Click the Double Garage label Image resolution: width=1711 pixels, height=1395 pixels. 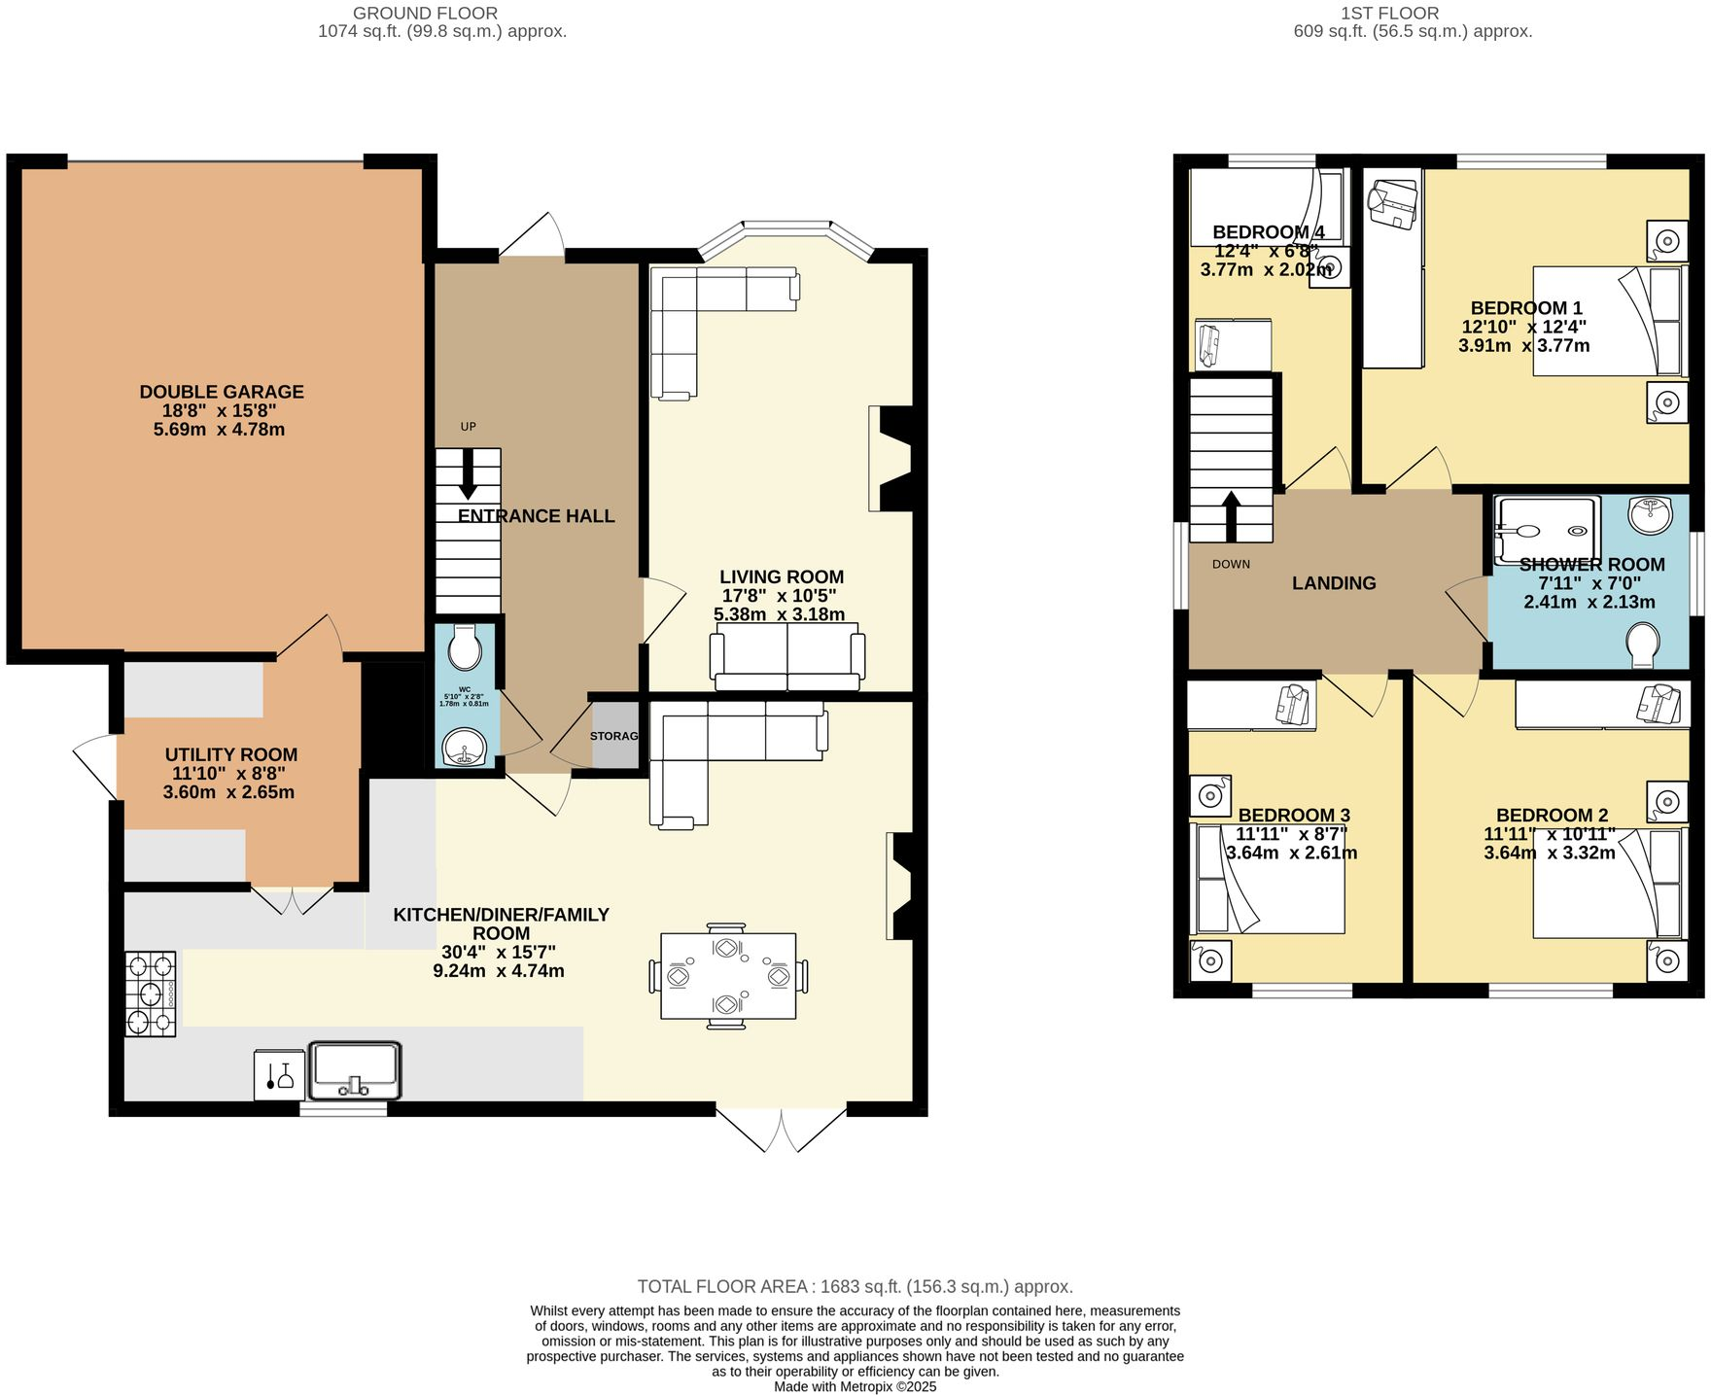click(x=222, y=392)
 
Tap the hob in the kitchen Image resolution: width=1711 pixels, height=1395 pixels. click(x=151, y=994)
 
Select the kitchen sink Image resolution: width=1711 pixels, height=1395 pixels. click(x=354, y=1069)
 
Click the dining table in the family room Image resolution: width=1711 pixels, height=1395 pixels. click(x=727, y=976)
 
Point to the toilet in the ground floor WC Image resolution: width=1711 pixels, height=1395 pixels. click(x=466, y=648)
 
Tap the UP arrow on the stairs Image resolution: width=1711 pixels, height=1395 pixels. click(x=468, y=476)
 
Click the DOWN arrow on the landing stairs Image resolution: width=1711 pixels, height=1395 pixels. click(x=1231, y=515)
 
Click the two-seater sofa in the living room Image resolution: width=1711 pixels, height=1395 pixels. click(x=787, y=658)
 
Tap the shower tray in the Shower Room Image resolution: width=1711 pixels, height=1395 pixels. click(x=1547, y=531)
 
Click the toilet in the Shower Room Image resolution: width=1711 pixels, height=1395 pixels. click(x=1643, y=645)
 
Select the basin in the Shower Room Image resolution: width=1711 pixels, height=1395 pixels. click(x=1650, y=514)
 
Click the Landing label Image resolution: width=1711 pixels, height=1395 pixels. click(x=1334, y=583)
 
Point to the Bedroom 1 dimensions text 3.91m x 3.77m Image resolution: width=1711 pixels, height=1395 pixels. click(x=1523, y=345)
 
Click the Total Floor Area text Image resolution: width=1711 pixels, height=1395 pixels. click(x=855, y=1286)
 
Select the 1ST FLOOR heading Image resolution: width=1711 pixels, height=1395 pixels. click(x=1388, y=14)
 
